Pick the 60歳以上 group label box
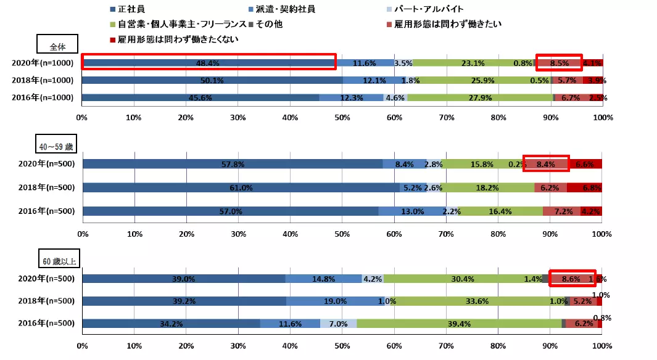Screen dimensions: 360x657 coord(58,261)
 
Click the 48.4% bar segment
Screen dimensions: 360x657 coord(208,62)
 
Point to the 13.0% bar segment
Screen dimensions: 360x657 coord(412,211)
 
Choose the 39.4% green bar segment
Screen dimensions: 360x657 coord(460,324)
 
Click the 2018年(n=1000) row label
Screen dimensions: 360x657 coord(43,80)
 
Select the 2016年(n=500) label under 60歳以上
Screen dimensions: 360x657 coord(45,324)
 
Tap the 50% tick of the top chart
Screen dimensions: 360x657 coord(342,117)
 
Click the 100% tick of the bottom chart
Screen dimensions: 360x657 coord(601,347)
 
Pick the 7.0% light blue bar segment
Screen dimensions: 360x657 coord(338,324)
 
